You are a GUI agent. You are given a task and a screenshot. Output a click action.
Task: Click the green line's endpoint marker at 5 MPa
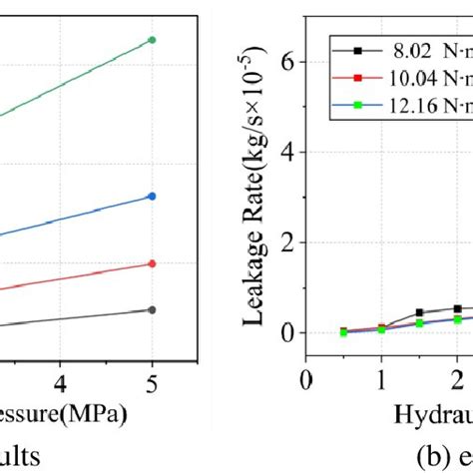[x=152, y=39]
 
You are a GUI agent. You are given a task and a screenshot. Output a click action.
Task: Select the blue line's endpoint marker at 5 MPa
[x=152, y=197]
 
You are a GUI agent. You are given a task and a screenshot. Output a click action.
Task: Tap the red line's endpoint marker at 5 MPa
[x=152, y=263]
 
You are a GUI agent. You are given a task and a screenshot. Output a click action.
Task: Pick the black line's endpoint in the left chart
[x=152, y=309]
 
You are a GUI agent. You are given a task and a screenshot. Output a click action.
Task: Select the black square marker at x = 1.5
[x=419, y=312]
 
